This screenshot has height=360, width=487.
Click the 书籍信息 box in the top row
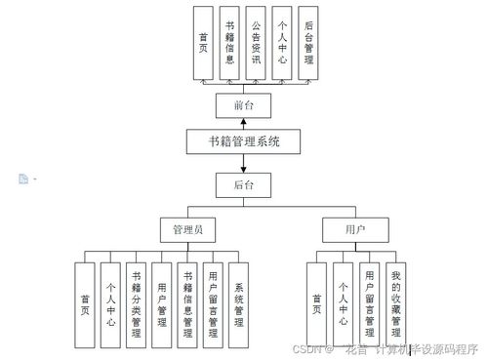(229, 43)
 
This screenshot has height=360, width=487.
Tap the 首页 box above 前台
(202, 43)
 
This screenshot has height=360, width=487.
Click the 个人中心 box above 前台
(282, 43)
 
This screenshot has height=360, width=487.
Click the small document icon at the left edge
(22, 179)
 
